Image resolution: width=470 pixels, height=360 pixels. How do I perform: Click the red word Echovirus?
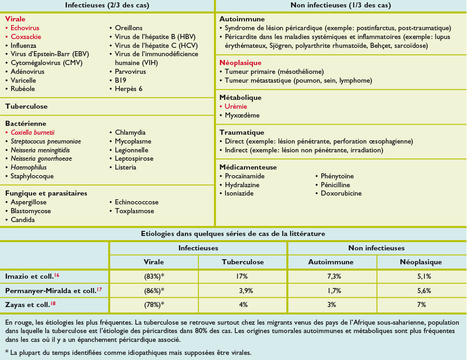[x=25, y=28]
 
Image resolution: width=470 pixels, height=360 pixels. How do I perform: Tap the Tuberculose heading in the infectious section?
[x=26, y=106]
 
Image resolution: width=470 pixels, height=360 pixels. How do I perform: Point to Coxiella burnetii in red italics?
[x=32, y=132]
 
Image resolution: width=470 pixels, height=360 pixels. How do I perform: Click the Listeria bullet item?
[x=126, y=167]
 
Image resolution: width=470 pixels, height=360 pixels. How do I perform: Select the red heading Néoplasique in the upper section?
[x=240, y=62]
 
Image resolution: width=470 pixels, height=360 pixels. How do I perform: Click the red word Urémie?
[x=236, y=106]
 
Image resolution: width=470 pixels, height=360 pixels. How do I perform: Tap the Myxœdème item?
[x=242, y=115]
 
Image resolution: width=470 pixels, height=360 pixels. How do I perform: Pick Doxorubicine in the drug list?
[x=341, y=193]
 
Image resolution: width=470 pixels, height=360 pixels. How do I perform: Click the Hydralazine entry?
[x=242, y=185]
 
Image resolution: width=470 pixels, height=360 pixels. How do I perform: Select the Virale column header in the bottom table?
[x=154, y=262]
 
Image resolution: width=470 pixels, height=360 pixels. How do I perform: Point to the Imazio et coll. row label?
[x=29, y=276]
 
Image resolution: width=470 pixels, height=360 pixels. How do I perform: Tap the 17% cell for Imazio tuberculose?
[x=242, y=276]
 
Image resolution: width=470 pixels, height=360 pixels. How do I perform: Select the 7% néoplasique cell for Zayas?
[x=421, y=305]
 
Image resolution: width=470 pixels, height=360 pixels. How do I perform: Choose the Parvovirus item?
[x=131, y=72]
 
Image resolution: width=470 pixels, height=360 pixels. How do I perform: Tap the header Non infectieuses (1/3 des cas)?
[x=340, y=6]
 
